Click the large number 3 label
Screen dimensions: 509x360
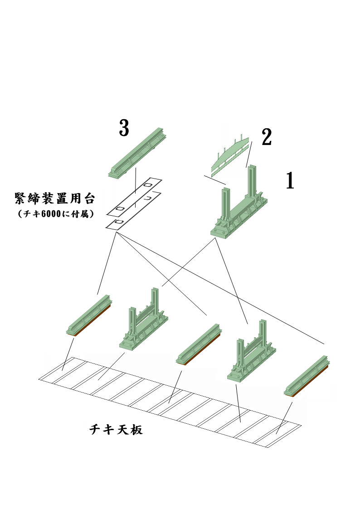point(124,128)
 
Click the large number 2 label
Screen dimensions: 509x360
point(267,138)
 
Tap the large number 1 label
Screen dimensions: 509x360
point(290,181)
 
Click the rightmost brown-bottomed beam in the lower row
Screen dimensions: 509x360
point(308,376)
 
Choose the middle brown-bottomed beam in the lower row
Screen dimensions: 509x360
point(199,344)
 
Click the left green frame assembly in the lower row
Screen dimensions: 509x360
point(144,322)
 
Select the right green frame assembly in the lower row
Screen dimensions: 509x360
point(252,354)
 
